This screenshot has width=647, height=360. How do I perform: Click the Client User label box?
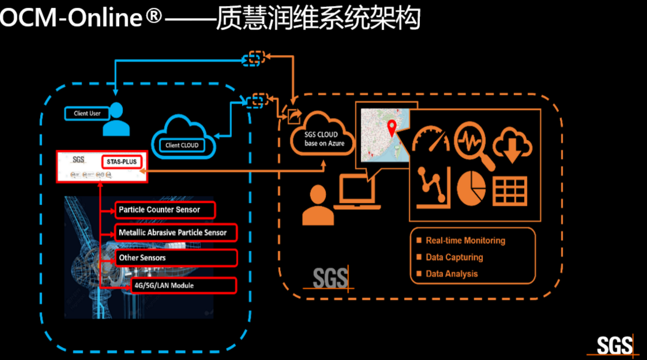87,113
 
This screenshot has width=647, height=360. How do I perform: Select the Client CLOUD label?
182,145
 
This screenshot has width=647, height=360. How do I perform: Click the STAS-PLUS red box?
122,161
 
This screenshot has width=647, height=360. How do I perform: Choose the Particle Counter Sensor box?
165,210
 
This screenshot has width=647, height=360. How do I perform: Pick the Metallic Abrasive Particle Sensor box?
174,232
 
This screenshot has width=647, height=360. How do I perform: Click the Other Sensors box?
175,258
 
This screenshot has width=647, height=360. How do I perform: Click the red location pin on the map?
392,128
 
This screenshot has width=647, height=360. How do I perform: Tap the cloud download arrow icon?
513,144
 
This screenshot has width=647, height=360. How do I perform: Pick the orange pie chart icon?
471,187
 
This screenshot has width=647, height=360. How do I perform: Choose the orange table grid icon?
509,190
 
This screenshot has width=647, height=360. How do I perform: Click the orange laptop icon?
357,192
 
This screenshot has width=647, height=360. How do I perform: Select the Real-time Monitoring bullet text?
465,241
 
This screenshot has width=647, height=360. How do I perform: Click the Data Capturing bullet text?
454,257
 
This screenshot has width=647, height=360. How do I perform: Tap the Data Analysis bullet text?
452,274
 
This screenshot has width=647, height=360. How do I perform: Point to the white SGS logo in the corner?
615,346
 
